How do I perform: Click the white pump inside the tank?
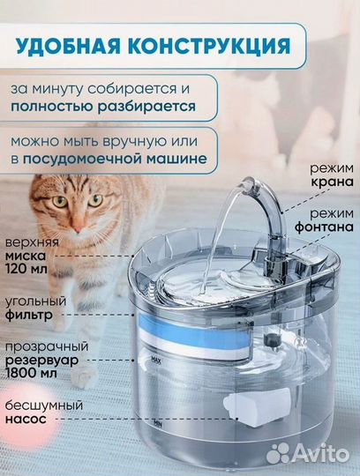251,405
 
